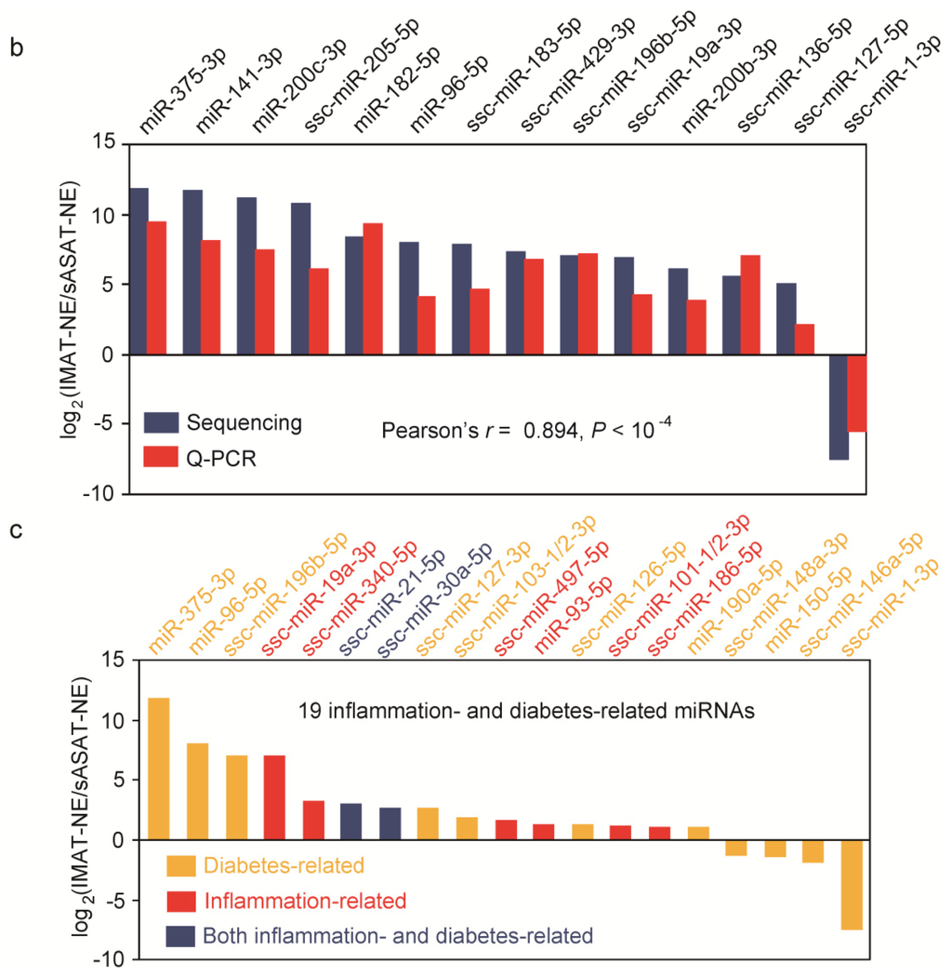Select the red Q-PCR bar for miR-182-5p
(x=373, y=288)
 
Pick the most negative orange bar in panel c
(x=852, y=884)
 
